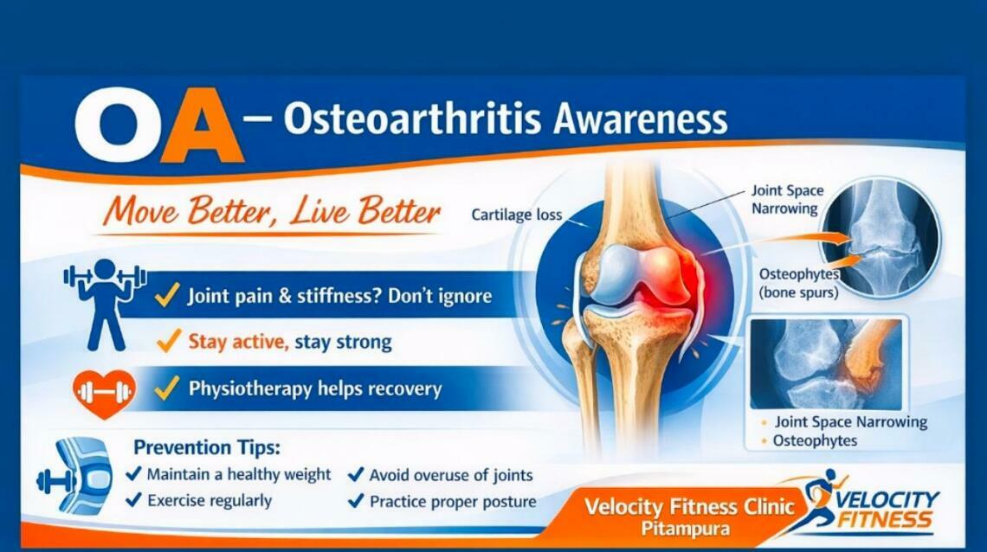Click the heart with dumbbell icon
click(104, 393)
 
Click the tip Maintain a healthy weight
click(238, 474)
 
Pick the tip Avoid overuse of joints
click(450, 475)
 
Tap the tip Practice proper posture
click(452, 502)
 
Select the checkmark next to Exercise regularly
click(134, 500)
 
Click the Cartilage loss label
click(516, 215)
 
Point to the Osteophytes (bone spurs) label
click(797, 283)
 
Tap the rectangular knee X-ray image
click(825, 363)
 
